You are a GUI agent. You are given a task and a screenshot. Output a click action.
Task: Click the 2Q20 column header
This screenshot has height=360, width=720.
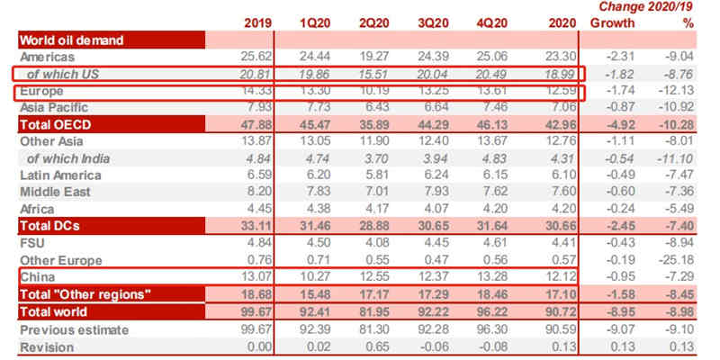click(374, 22)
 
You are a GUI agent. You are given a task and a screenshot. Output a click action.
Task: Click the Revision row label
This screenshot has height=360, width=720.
click(45, 346)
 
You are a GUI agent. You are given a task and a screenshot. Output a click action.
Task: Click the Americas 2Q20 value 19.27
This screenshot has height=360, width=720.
click(374, 57)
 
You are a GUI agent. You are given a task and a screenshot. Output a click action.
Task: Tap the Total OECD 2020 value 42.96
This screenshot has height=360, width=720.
click(558, 124)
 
